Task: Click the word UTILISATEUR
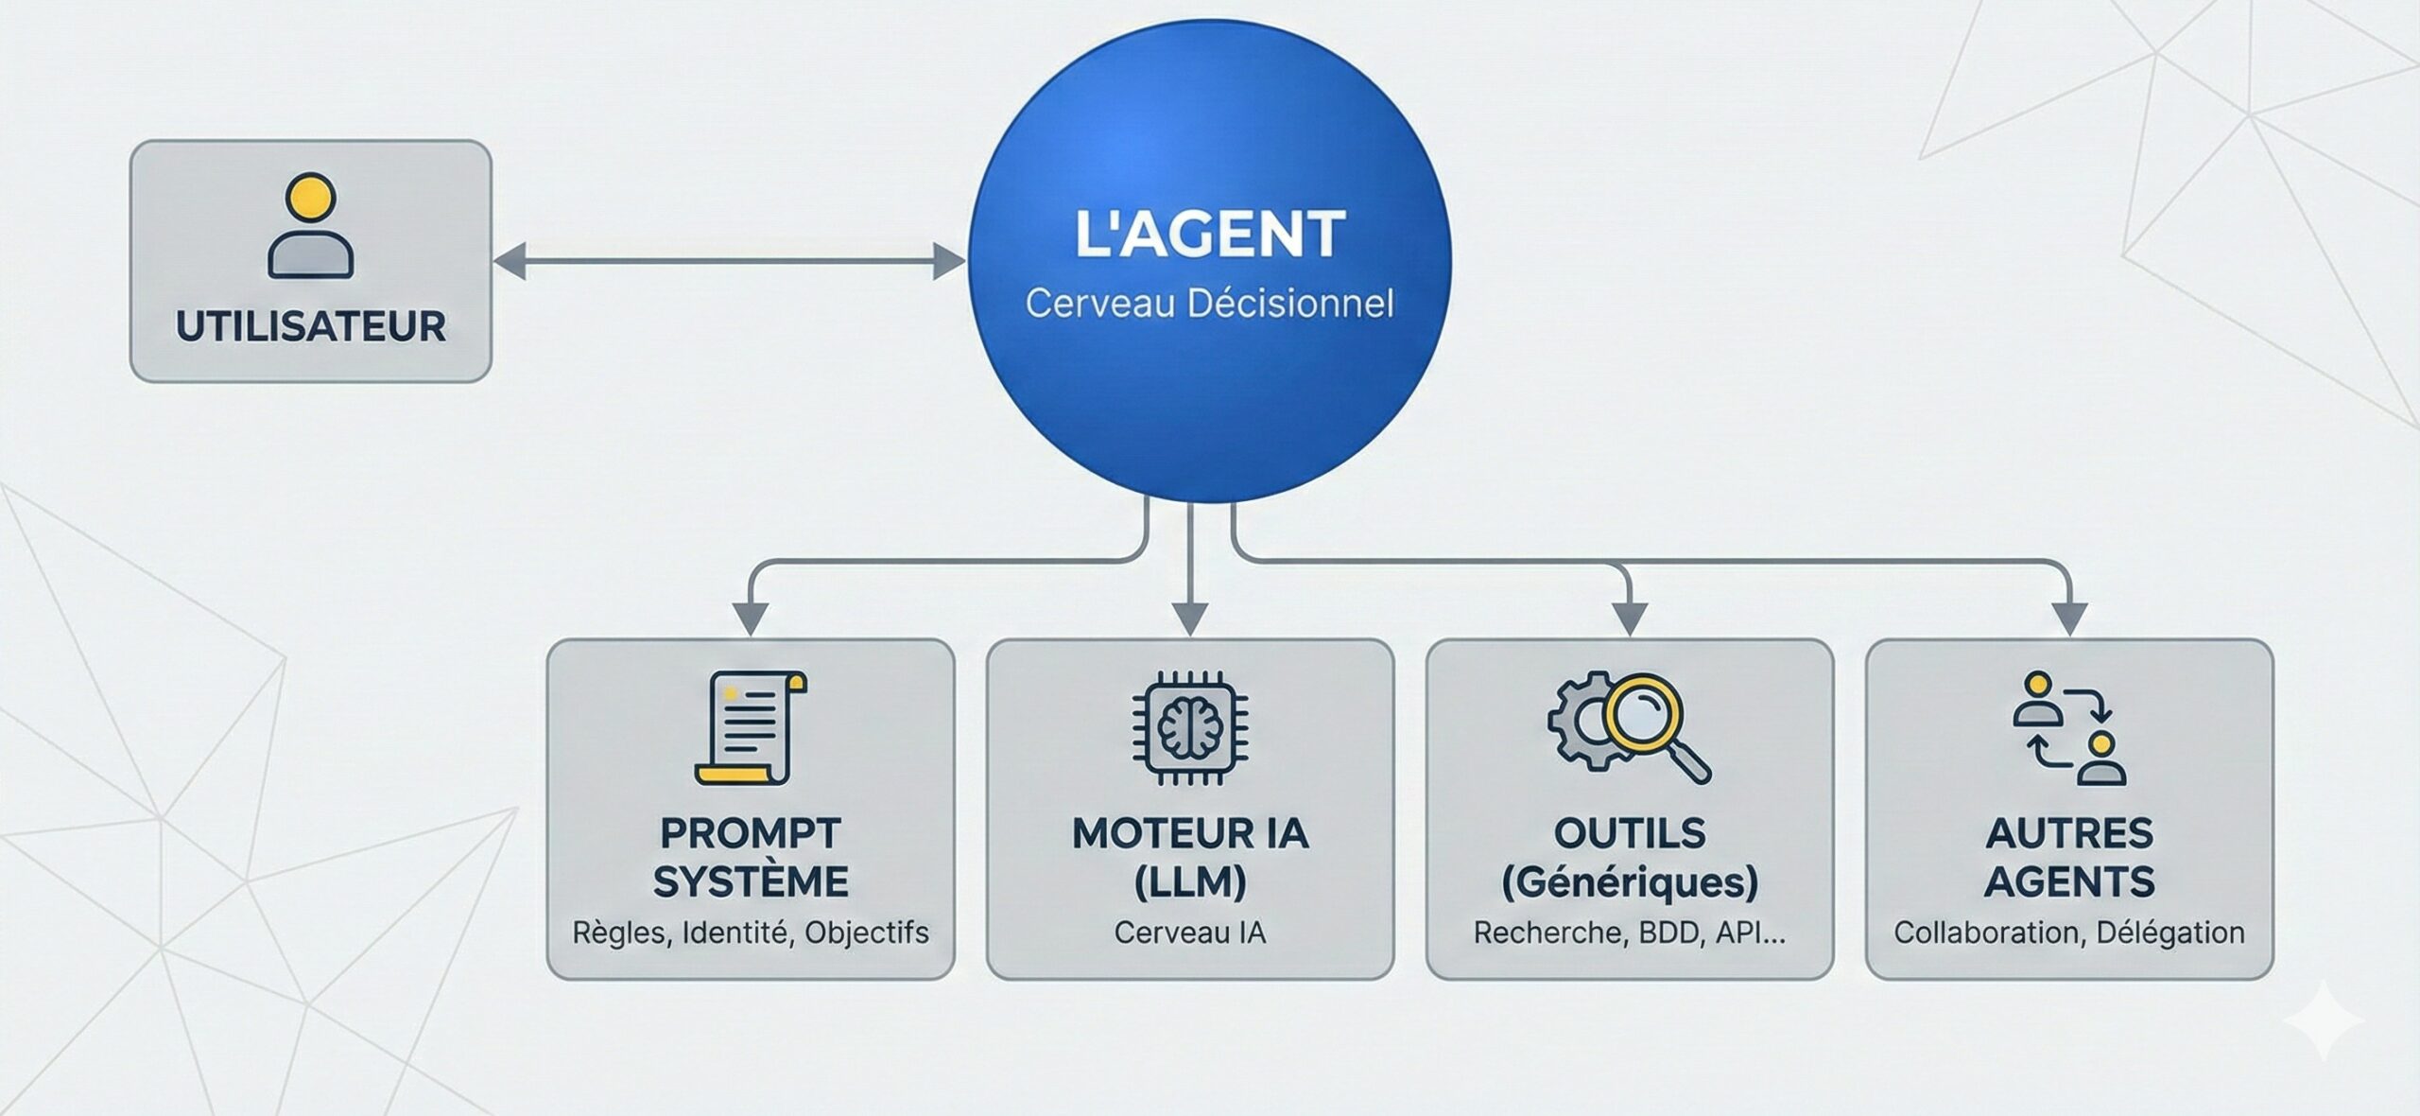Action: pos(310,326)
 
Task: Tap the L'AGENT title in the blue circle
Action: pos(1210,235)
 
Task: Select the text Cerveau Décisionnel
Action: pos(1210,304)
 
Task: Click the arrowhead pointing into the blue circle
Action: pos(948,261)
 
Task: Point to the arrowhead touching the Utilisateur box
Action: pos(510,261)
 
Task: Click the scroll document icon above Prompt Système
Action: pos(751,727)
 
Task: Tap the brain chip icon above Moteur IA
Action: pos(1190,727)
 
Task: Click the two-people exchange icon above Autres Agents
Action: pos(2069,727)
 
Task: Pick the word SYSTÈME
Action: pos(751,882)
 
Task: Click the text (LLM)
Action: pos(1190,882)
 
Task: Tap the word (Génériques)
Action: pos(1630,882)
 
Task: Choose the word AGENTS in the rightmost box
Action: pos(2069,882)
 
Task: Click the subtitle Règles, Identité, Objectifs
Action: pos(751,933)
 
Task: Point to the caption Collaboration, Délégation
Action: pos(2069,933)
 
